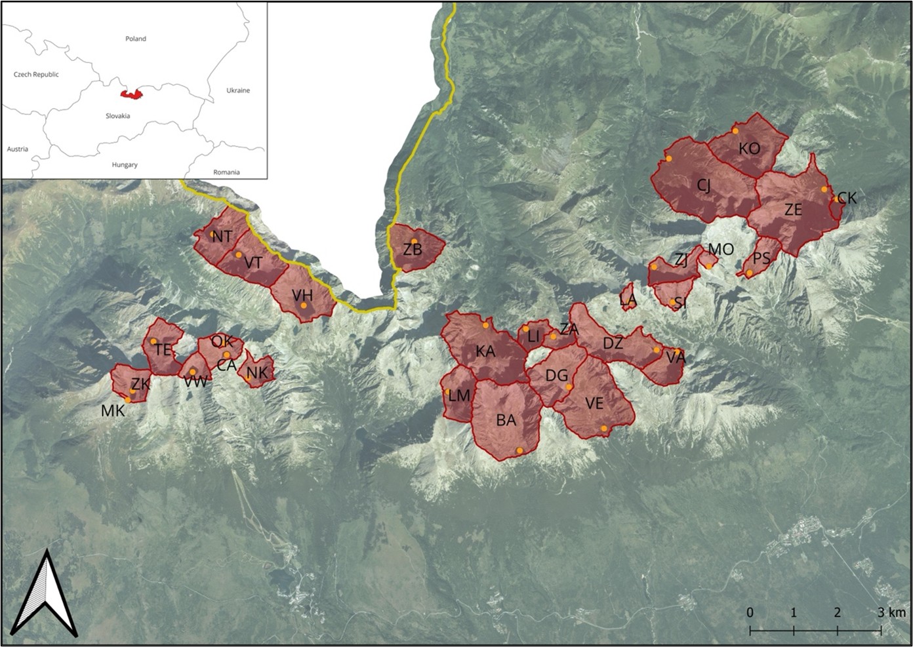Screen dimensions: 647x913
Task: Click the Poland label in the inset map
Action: click(136, 39)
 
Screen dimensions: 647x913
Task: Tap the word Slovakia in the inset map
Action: click(118, 116)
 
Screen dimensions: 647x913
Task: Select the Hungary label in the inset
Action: click(125, 165)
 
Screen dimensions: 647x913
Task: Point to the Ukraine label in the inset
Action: click(238, 90)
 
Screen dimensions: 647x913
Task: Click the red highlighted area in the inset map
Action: click(132, 94)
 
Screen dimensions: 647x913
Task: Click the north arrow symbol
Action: click(45, 597)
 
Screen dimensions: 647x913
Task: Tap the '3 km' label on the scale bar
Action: click(891, 612)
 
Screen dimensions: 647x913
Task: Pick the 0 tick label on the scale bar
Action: click(750, 612)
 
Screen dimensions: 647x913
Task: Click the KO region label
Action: click(749, 149)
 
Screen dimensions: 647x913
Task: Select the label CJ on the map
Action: click(704, 186)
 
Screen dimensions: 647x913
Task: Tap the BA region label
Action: click(506, 420)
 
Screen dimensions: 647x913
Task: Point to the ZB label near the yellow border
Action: click(413, 250)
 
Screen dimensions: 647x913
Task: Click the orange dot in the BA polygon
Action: click(519, 450)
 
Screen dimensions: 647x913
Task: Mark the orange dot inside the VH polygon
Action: click(304, 305)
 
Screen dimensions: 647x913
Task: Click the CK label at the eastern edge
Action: click(847, 198)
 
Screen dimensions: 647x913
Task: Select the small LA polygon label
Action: click(628, 300)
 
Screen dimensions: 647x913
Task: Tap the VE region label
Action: click(594, 403)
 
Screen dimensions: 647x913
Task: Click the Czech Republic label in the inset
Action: click(36, 74)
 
